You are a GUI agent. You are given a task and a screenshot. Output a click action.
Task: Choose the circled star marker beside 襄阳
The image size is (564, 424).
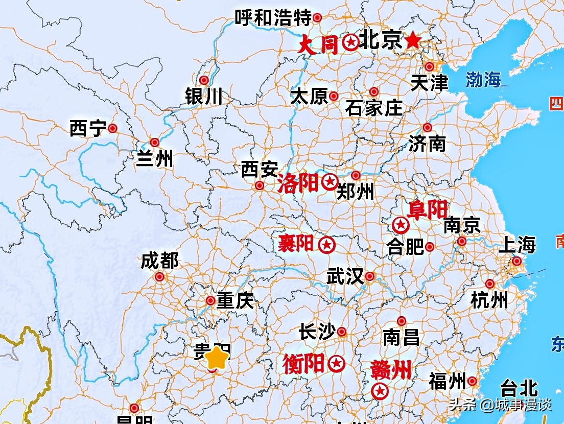(x=326, y=245)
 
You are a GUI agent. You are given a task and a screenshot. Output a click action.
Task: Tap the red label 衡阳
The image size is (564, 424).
(x=303, y=364)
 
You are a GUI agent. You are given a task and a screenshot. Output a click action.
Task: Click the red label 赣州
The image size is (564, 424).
(x=392, y=370)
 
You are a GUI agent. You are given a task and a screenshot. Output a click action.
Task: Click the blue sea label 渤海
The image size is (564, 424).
(x=483, y=79)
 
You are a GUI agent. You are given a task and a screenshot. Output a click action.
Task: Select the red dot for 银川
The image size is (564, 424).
(x=204, y=80)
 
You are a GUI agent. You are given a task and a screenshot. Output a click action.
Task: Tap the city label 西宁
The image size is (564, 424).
(x=87, y=129)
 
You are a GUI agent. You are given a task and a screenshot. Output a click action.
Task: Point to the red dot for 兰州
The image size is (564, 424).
(x=154, y=143)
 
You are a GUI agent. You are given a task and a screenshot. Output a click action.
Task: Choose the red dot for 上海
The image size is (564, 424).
(x=517, y=262)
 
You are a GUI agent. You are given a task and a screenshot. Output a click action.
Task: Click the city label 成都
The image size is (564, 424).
(x=159, y=261)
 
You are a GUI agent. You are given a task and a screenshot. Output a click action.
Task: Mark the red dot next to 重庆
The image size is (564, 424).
(x=210, y=301)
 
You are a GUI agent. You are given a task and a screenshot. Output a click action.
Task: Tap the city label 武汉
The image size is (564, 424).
(x=345, y=277)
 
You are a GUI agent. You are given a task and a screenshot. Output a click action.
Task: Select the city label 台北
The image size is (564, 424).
(x=519, y=388)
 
